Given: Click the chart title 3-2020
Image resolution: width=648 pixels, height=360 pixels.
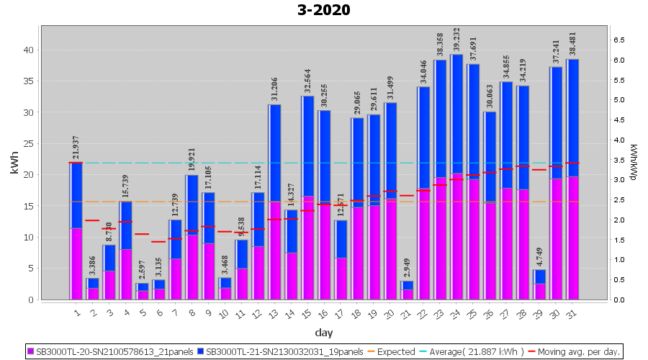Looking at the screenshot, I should (x=323, y=10).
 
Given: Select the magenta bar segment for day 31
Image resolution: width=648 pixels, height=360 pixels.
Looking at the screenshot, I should (x=572, y=238).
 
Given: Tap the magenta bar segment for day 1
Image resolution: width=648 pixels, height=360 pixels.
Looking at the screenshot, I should (x=76, y=264).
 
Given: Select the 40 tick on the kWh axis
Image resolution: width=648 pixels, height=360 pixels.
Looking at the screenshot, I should (x=28, y=50).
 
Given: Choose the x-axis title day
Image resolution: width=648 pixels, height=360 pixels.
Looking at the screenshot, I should (x=323, y=333).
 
